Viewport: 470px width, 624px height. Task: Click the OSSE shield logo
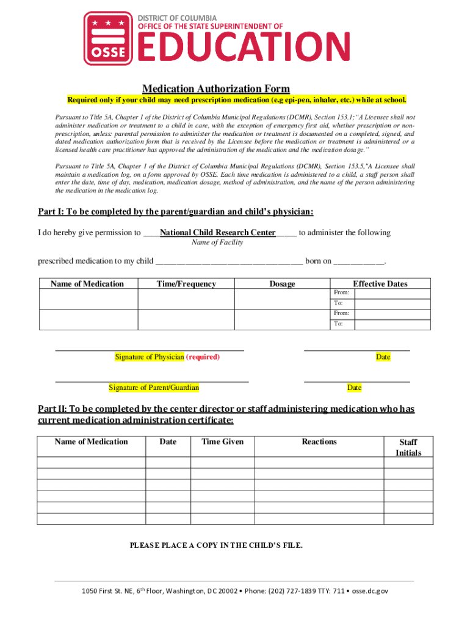[108, 38]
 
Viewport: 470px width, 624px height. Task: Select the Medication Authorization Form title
[216, 89]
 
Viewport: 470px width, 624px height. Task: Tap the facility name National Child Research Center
[218, 233]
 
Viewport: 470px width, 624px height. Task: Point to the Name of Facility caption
[217, 243]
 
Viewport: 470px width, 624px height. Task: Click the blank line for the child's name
[229, 262]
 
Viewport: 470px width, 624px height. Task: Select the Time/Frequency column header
[186, 284]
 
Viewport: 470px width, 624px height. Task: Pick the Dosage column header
[282, 284]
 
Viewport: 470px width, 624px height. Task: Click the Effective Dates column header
[380, 284]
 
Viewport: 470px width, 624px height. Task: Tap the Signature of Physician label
[150, 357]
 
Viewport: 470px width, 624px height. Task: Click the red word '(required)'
[203, 357]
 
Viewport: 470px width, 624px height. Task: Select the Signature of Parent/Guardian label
[154, 388]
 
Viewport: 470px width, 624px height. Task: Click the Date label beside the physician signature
[383, 357]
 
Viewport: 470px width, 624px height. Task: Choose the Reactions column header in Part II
[319, 442]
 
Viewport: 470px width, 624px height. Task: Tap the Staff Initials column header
[408, 447]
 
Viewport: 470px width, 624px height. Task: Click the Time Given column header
[223, 442]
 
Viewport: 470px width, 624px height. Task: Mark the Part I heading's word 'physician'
[290, 212]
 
